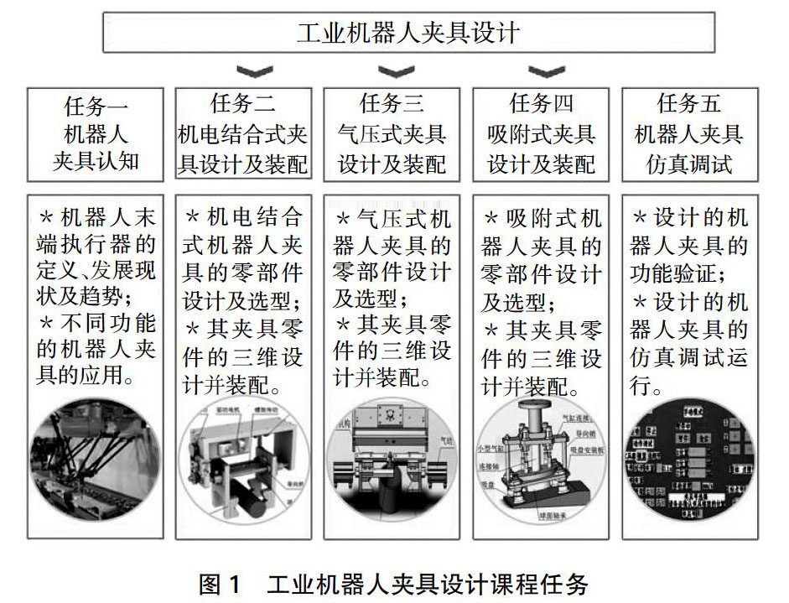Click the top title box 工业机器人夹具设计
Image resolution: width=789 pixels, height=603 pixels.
tap(408, 33)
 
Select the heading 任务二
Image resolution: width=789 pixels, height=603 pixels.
tap(243, 104)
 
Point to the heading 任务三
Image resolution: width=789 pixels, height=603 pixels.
tap(392, 104)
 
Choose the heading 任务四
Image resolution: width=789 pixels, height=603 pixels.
tap(541, 104)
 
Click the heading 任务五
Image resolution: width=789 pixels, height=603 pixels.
tap(688, 104)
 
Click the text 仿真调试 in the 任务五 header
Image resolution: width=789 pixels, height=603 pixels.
tap(688, 164)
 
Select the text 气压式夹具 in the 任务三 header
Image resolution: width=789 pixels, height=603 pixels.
tap(392, 134)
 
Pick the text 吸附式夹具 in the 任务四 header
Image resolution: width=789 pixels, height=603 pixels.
tap(541, 134)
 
